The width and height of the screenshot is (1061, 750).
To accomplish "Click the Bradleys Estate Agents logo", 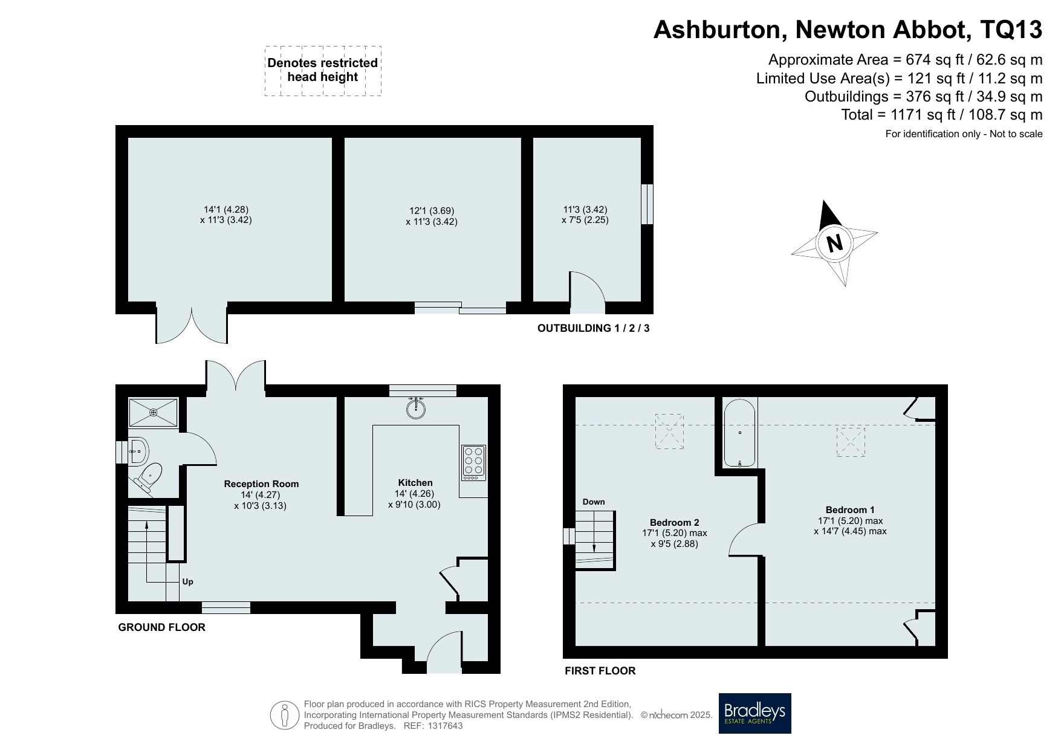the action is [754, 713].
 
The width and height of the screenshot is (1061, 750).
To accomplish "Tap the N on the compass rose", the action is [835, 243].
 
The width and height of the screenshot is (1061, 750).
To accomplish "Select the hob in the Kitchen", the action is [473, 463].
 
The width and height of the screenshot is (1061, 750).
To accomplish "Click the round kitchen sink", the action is [416, 409].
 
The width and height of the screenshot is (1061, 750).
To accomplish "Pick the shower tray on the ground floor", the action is [154, 412].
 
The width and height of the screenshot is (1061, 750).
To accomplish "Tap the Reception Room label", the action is [261, 483].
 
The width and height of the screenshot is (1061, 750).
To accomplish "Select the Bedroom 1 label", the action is [850, 509].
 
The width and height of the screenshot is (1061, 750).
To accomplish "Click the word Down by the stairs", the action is [594, 502].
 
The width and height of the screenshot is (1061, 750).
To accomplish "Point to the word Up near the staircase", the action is [188, 582].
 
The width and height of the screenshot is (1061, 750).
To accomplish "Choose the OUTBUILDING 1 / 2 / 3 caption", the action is [597, 328].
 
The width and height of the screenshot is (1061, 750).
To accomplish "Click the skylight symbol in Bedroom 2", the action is [669, 432].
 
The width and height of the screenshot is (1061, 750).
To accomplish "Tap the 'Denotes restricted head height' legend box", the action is [323, 71].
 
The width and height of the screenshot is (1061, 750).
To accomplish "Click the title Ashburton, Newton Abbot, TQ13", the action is [848, 30].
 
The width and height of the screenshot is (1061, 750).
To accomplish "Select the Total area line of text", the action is [942, 115].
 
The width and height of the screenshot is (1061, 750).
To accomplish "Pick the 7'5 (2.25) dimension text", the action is [585, 220].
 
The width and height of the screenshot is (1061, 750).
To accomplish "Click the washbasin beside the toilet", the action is [138, 451].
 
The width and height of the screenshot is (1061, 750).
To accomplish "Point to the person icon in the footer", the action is [285, 716].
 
